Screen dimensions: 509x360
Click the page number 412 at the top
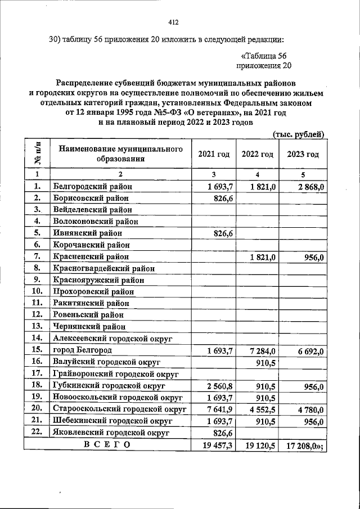tap(173, 22)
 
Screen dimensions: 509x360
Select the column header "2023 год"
tap(303, 154)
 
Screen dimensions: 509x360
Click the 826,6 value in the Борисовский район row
tap(223, 198)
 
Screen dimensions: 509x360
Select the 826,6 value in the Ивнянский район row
tap(223, 233)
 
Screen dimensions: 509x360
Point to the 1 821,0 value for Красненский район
tap(262, 256)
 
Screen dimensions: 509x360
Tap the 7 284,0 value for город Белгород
tap(262, 351)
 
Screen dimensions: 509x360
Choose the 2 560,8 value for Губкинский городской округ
tap(220, 386)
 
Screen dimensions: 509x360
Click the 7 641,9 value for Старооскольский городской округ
tap(220, 409)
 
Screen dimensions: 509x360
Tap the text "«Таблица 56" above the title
tap(263, 56)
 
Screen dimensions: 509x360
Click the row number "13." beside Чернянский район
tap(38, 326)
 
